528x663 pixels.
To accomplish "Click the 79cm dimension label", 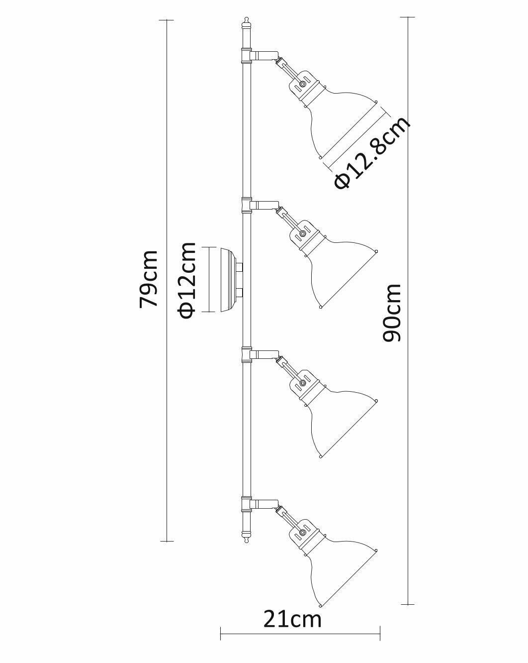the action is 149,279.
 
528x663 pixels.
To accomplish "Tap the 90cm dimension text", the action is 392,313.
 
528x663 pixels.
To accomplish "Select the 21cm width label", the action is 292,620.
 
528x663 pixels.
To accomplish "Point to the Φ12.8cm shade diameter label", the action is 372,153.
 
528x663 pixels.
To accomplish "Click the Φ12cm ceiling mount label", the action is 187,280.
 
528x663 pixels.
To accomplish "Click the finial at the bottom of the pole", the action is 246,537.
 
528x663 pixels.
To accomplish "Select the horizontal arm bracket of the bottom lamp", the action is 264,504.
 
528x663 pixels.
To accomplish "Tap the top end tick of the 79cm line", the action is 167,20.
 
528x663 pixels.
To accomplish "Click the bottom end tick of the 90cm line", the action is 408,604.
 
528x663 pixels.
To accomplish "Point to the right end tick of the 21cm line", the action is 380,634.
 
